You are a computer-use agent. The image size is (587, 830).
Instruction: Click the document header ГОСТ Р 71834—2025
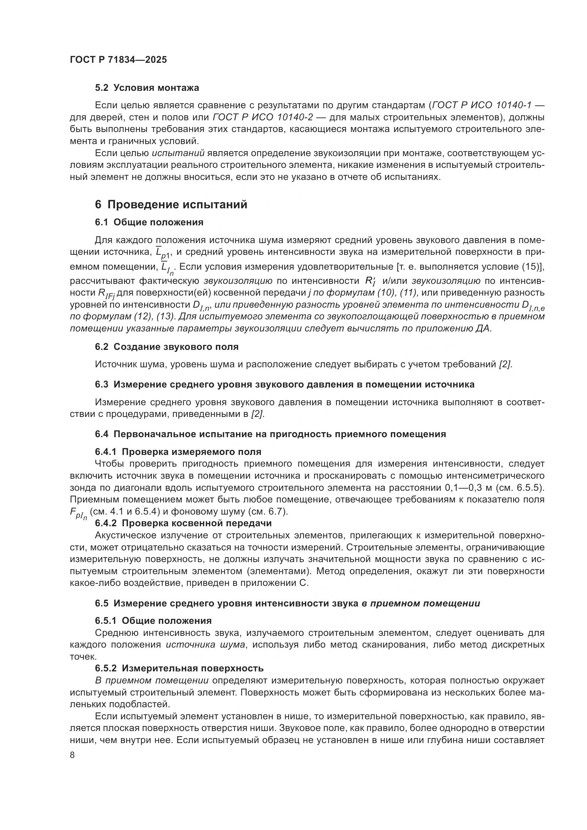click(x=118, y=60)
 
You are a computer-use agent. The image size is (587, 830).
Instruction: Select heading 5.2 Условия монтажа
click(x=147, y=88)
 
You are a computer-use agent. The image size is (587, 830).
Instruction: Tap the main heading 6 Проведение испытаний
click(x=171, y=205)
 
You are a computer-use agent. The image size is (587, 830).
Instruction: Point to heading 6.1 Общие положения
click(x=149, y=222)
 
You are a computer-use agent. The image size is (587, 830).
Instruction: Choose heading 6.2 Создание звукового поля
click(x=167, y=347)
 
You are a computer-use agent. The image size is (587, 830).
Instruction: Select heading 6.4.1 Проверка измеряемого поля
click(x=178, y=452)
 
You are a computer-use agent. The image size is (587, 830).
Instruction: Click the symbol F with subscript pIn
click(x=78, y=514)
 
